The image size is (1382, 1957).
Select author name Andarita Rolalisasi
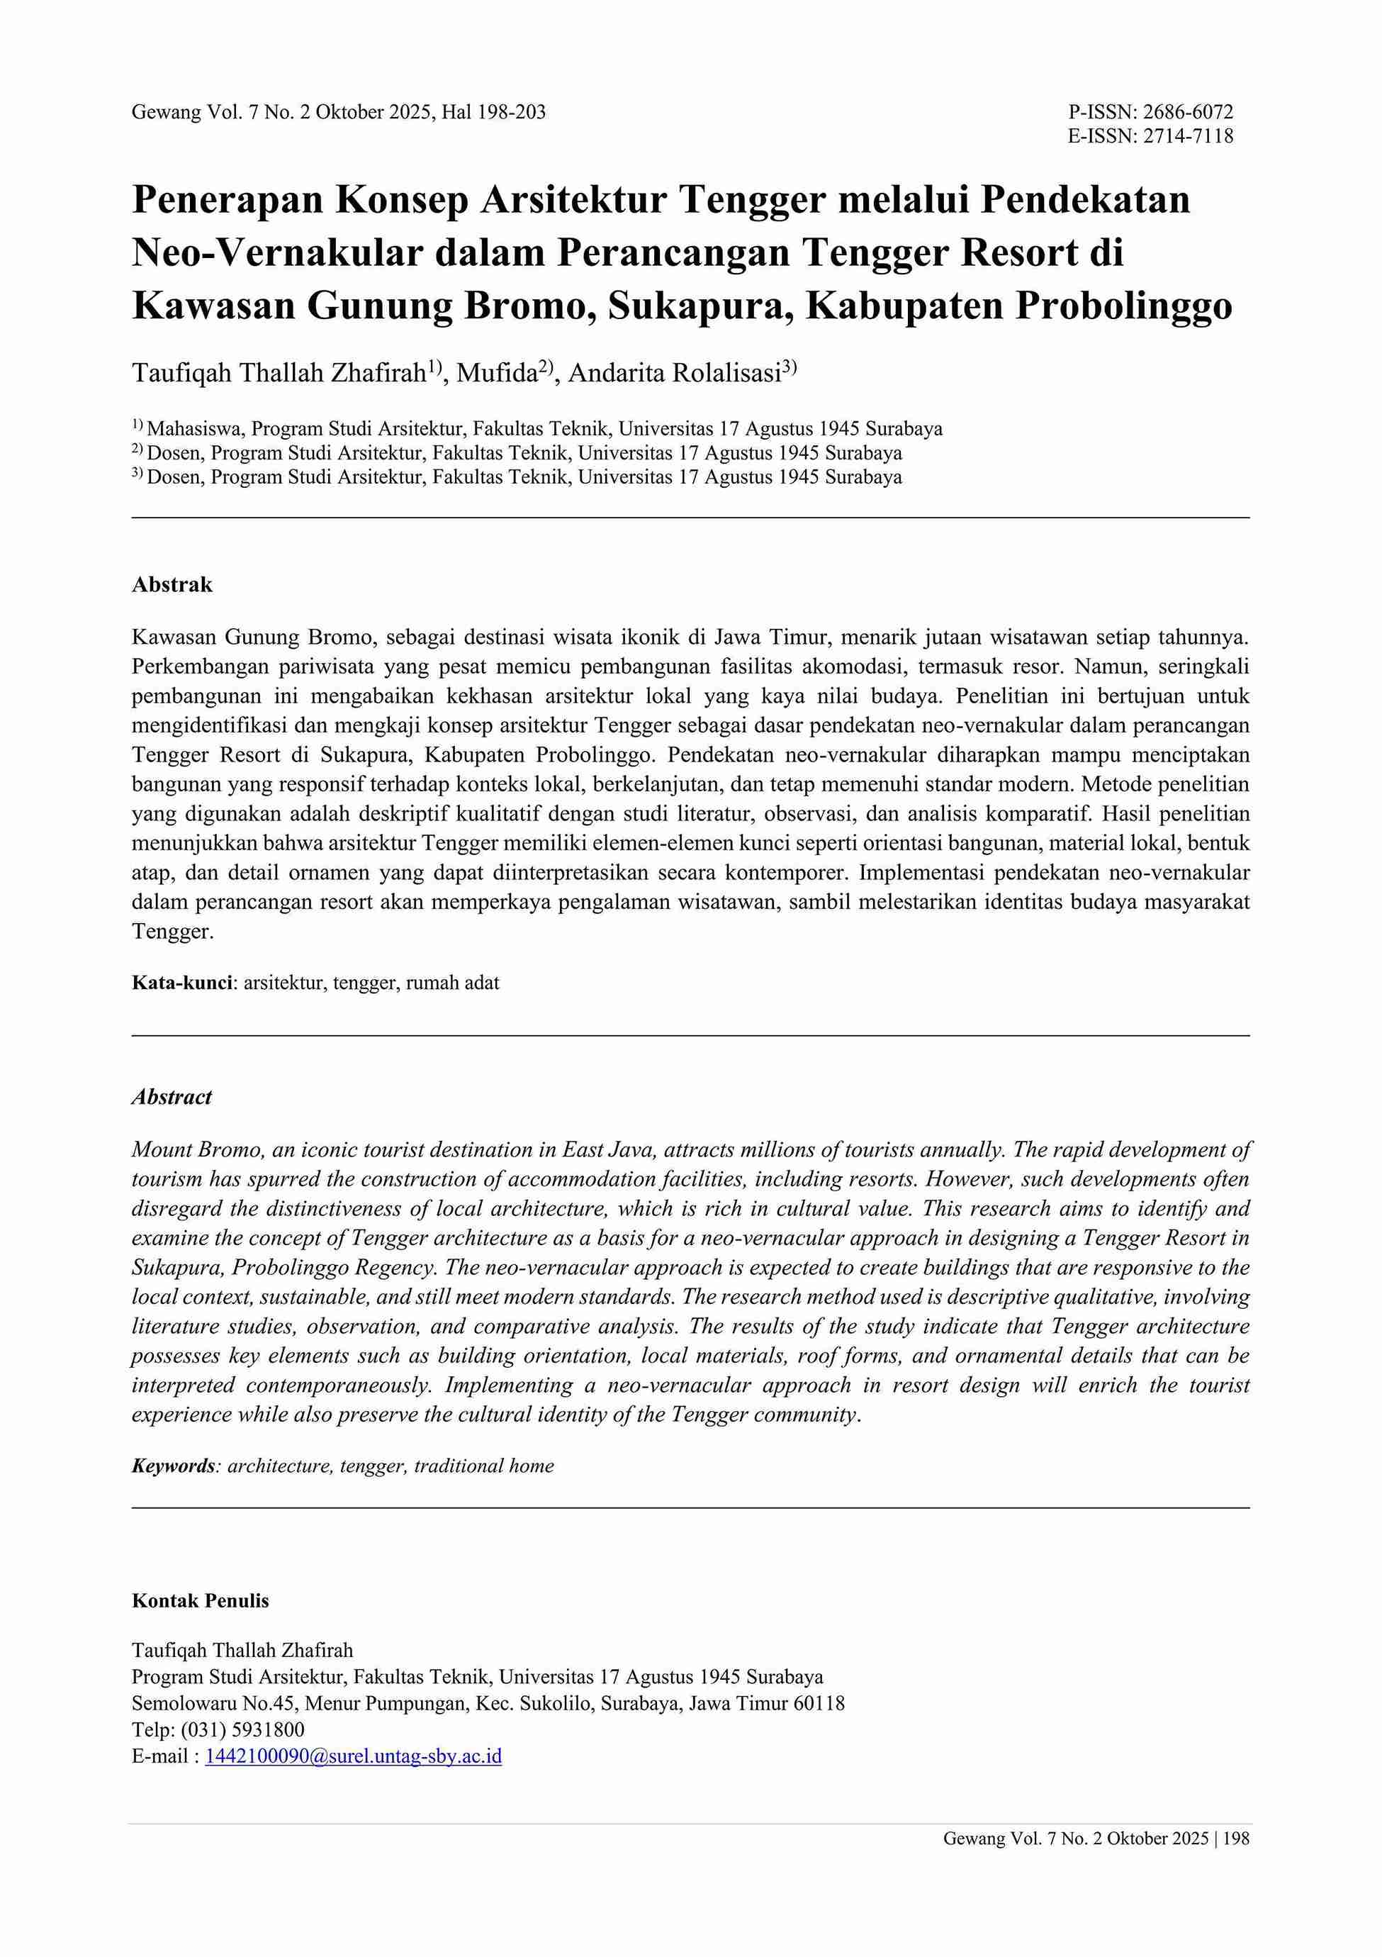point(674,374)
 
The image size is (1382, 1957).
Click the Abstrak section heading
point(172,585)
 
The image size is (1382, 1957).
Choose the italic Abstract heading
point(172,1097)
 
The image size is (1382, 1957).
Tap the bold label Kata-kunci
point(182,983)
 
